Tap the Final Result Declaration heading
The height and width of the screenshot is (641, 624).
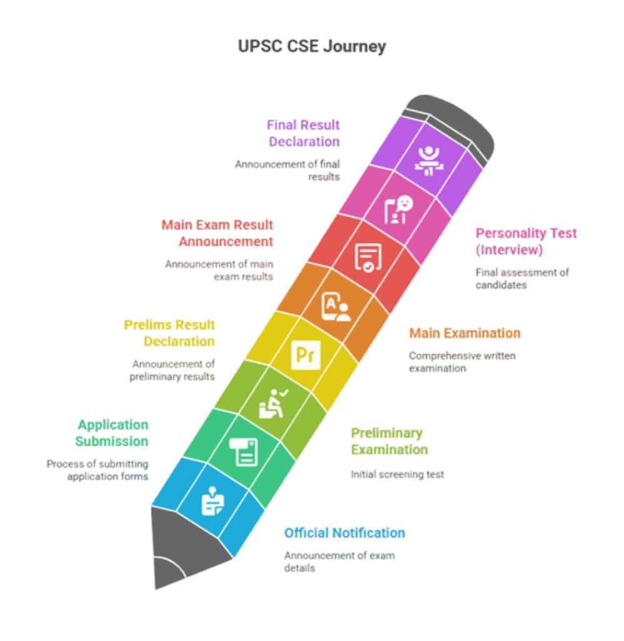coord(304,133)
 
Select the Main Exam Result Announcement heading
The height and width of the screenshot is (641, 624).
coord(218,233)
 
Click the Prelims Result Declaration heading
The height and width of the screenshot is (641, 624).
coord(170,333)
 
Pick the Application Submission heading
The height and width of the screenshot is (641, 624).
coord(113,433)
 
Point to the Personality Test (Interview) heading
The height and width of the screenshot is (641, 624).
coord(526,242)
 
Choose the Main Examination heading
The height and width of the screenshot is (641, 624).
coord(464,333)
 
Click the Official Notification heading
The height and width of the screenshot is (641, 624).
coord(345,533)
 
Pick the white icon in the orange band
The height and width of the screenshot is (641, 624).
coord(335,306)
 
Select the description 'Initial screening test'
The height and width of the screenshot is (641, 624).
coord(397,474)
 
